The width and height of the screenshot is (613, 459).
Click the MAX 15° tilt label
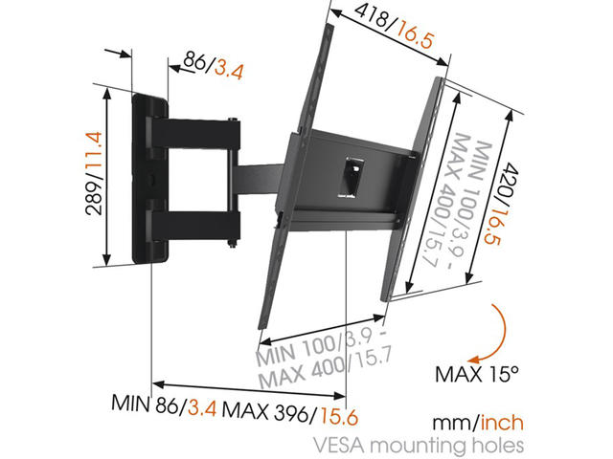click(477, 375)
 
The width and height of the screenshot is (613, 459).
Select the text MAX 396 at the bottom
click(265, 411)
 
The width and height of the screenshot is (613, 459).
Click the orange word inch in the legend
click(502, 423)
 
